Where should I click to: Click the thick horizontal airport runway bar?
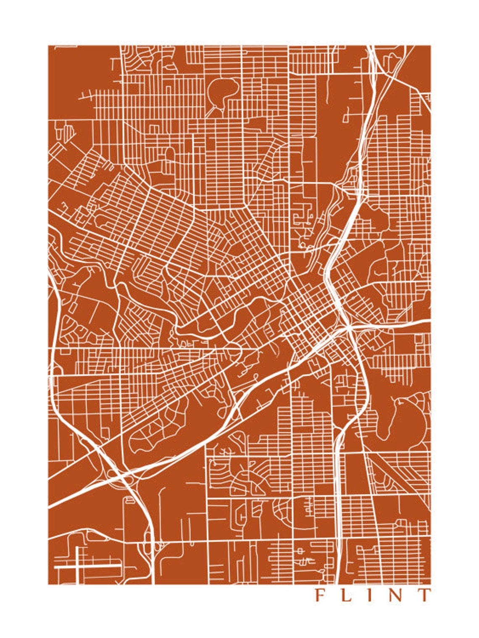87,567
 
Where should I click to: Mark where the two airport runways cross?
77,567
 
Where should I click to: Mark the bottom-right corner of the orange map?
431,584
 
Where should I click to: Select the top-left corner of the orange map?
48,46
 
